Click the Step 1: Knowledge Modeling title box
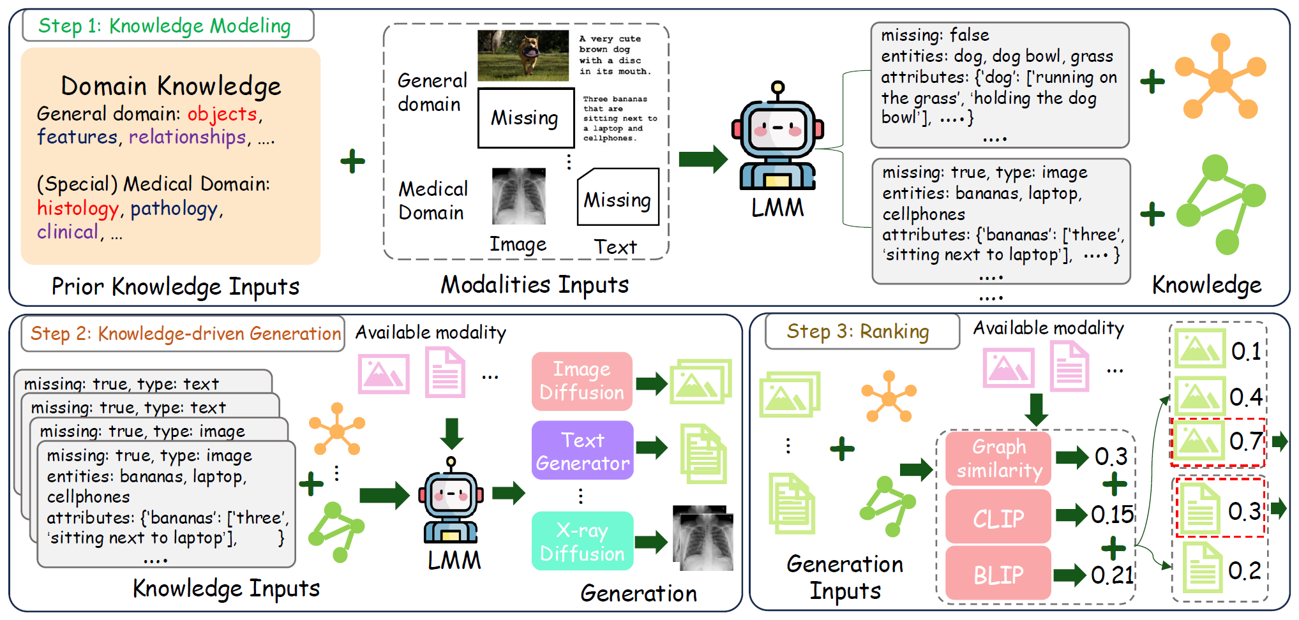point(168,26)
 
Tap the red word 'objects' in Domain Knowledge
point(222,114)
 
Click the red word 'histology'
point(78,209)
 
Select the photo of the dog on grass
point(523,55)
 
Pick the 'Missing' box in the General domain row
point(526,118)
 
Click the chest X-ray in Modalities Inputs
point(519,196)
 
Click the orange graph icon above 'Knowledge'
point(1220,77)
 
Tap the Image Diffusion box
point(582,381)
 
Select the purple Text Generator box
point(582,450)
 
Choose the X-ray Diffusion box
point(582,541)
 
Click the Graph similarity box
point(998,459)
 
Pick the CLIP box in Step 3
point(998,517)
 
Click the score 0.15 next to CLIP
point(1112,515)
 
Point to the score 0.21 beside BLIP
point(1112,575)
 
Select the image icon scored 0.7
point(1199,440)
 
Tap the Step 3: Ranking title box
point(862,332)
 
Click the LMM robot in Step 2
point(451,500)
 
